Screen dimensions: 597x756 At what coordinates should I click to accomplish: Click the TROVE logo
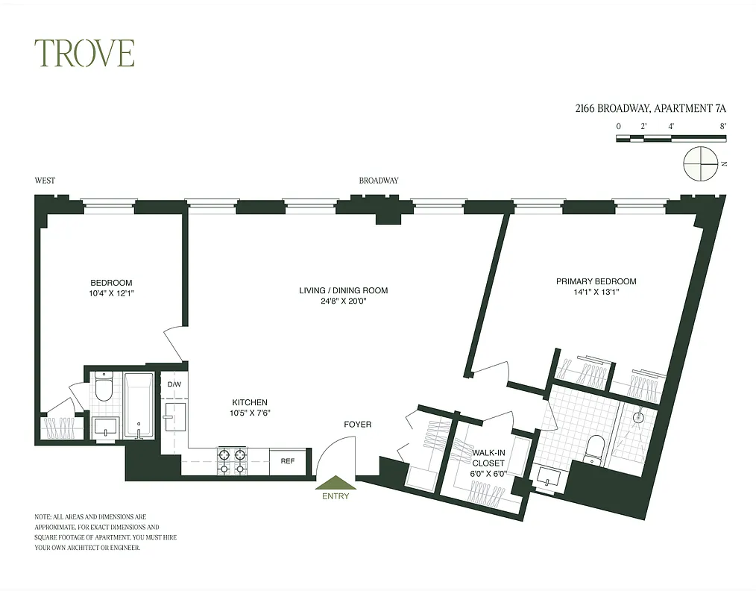[x=84, y=54]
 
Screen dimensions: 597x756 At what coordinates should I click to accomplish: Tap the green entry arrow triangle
[x=336, y=484]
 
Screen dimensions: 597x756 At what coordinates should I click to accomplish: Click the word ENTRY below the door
[x=336, y=496]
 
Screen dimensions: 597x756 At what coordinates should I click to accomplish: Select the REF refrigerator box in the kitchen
[x=287, y=461]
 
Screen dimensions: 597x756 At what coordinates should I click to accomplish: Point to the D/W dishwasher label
[x=174, y=384]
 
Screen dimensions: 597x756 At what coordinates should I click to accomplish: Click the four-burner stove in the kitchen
[x=231, y=461]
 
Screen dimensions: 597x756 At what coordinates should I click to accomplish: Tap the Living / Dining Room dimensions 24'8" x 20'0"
[x=344, y=301]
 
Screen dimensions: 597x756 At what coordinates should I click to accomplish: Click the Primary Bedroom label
[x=596, y=281]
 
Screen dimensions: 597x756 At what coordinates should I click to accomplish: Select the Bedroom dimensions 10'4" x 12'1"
[x=111, y=293]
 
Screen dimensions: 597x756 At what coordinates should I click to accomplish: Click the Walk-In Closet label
[x=488, y=457]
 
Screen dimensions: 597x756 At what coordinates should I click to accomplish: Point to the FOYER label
[x=357, y=425]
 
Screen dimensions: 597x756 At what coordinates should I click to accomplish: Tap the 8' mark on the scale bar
[x=722, y=126]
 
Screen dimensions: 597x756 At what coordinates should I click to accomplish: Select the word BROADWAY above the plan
[x=379, y=181]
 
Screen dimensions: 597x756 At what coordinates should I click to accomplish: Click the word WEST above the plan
[x=45, y=181]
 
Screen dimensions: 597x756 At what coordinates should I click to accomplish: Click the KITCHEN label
[x=249, y=402]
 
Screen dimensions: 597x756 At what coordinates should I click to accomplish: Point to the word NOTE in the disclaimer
[x=43, y=516]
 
